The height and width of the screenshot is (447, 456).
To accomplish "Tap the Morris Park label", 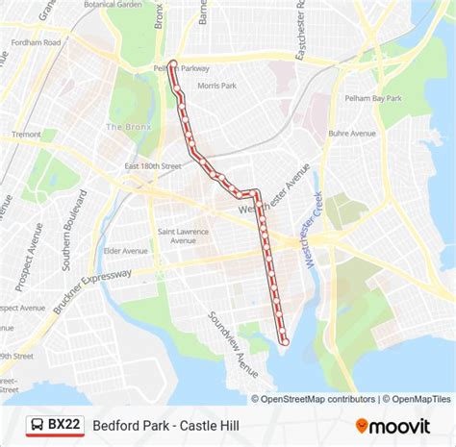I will [216, 87].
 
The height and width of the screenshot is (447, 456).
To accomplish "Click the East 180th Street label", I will [152, 166].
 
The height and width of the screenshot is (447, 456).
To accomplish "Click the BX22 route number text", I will [64, 425].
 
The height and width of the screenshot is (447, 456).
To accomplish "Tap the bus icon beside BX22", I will [36, 425].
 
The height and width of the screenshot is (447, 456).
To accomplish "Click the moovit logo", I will [401, 425].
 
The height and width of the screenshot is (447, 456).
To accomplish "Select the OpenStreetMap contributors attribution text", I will [315, 399].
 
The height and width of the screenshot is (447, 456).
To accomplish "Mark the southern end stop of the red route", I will [285, 340].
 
